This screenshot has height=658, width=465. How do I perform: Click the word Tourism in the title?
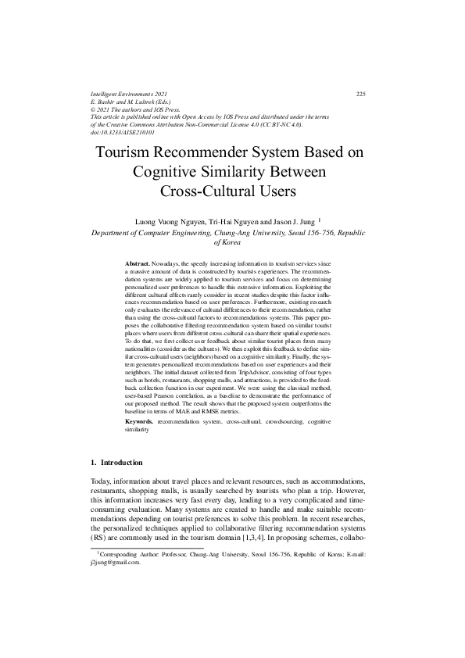129,153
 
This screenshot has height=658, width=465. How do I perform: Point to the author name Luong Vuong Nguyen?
167,222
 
